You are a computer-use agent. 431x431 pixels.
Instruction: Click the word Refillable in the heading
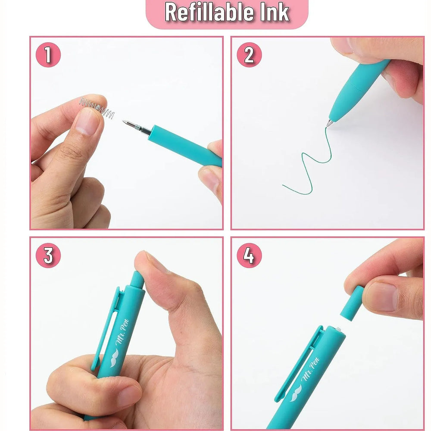(x=209, y=12)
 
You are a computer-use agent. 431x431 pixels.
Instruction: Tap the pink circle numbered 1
(x=48, y=55)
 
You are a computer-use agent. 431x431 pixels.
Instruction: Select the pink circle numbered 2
(x=249, y=55)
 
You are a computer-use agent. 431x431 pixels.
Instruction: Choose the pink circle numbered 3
(x=48, y=255)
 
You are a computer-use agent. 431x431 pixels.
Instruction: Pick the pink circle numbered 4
(x=249, y=255)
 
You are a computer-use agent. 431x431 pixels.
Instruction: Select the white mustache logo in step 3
(x=114, y=358)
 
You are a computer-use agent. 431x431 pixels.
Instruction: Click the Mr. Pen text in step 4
(x=310, y=369)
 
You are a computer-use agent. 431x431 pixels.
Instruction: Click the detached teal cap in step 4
(x=352, y=303)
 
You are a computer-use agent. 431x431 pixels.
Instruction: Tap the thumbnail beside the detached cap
(x=381, y=297)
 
